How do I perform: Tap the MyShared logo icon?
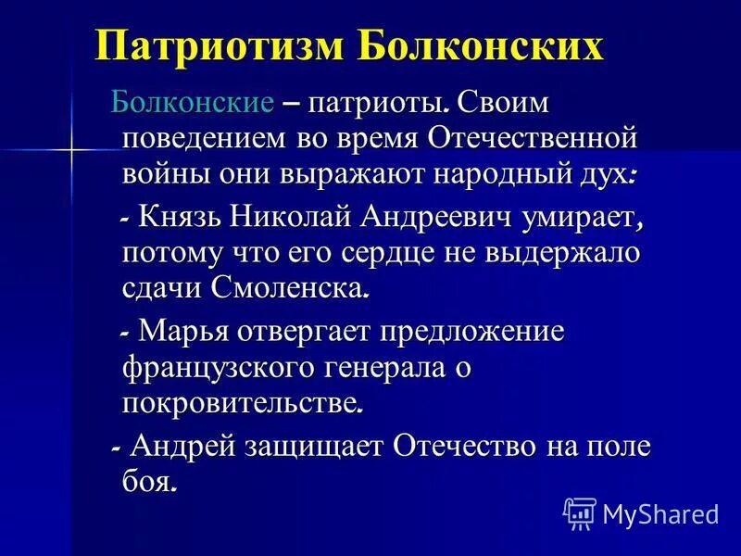tap(579, 512)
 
